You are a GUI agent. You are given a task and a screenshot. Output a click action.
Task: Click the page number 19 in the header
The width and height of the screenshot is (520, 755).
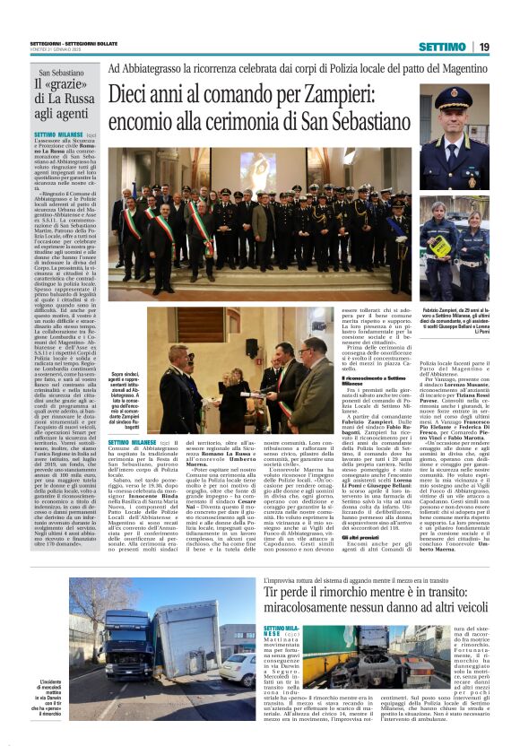coord(507,47)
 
